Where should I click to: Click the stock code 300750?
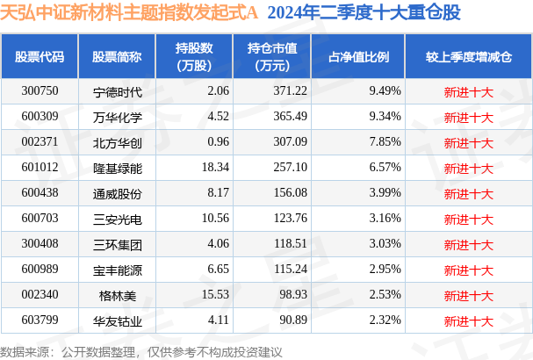pos(40,90)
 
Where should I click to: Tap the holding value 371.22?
pos(265,90)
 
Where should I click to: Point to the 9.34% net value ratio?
pos(385,116)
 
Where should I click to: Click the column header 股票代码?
pos(40,57)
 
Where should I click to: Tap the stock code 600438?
pos(40,192)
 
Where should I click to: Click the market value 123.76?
pos(265,218)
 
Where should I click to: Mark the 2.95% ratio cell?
pos(385,269)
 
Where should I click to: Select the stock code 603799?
pos(40,320)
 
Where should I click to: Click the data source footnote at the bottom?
pos(141,351)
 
